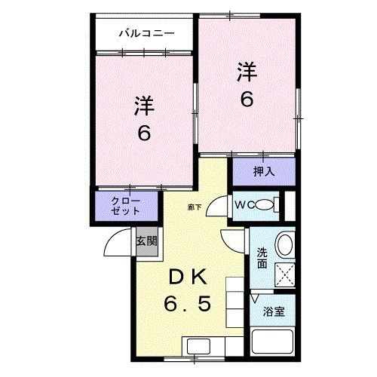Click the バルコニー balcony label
click(x=147, y=33)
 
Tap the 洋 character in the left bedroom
click(x=145, y=106)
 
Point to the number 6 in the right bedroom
click(x=246, y=100)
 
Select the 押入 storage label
click(x=263, y=172)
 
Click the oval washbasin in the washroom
click(x=284, y=244)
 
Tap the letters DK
click(x=186, y=277)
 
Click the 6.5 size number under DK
click(x=188, y=305)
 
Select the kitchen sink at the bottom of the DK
click(x=200, y=349)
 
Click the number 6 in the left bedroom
click(x=143, y=133)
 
